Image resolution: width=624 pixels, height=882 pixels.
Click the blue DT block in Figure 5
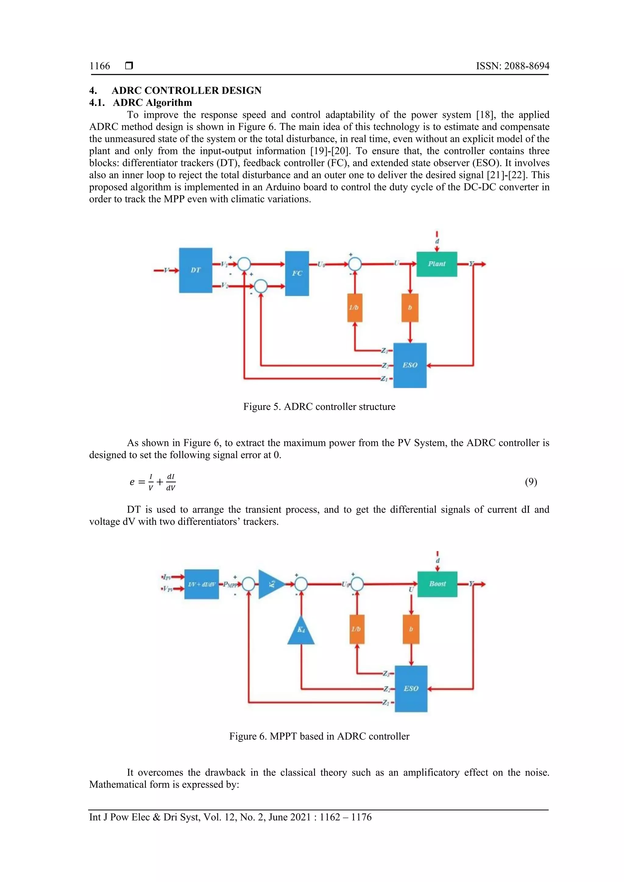[196, 270]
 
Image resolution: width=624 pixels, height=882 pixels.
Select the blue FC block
[297, 273]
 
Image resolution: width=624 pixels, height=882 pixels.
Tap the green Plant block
[437, 264]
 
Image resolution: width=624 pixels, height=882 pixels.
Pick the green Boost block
[437, 584]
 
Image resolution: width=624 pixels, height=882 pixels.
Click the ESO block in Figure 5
[410, 365]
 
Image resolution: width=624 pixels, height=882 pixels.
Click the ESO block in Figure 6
[411, 688]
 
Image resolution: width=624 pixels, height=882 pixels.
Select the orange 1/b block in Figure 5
[355, 307]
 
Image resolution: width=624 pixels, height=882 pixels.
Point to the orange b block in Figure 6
[411, 629]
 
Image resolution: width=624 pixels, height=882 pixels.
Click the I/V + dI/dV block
[202, 584]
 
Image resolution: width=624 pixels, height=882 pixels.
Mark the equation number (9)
[531, 482]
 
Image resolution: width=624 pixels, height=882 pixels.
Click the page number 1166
[100, 66]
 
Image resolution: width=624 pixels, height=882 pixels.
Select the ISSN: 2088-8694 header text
[512, 66]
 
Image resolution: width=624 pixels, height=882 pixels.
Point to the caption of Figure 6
[319, 736]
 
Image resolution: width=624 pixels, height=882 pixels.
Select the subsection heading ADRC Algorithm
[152, 103]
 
